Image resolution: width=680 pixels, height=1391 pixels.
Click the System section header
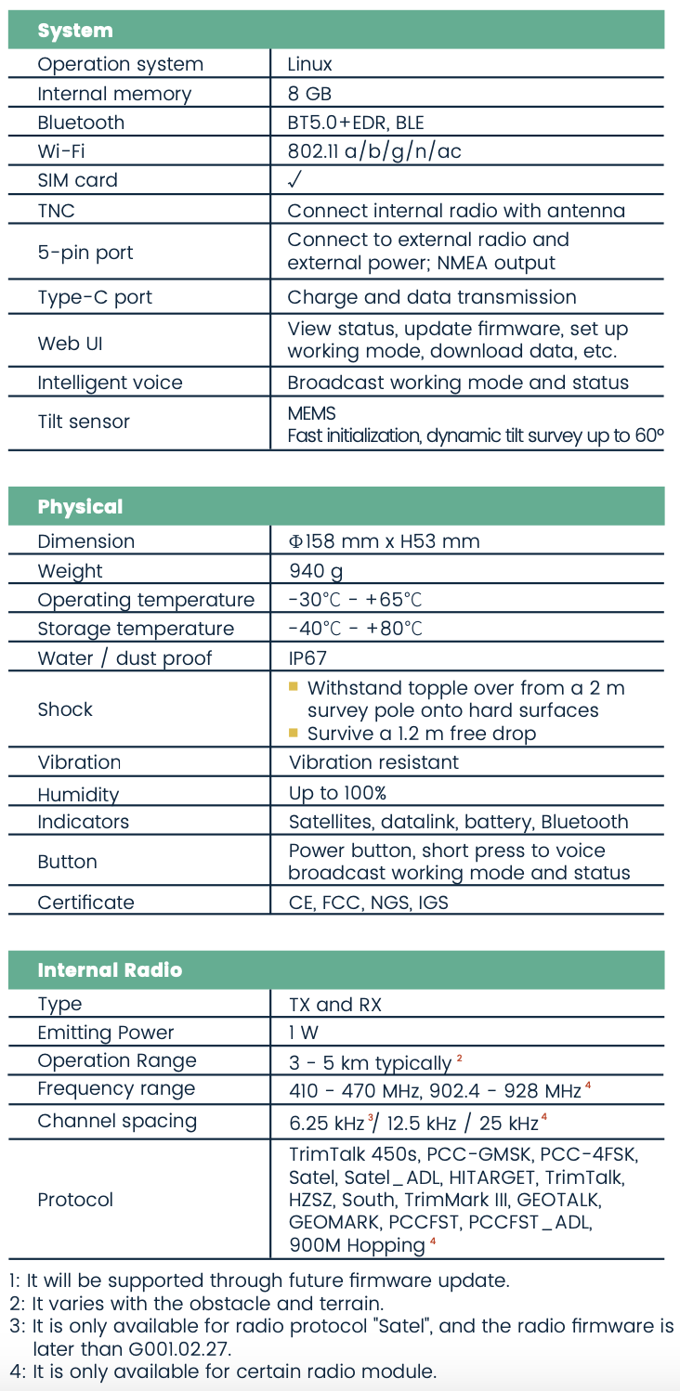coord(75,31)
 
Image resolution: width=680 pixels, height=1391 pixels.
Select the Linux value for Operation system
coord(309,64)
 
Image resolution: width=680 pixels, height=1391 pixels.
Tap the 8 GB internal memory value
coord(309,94)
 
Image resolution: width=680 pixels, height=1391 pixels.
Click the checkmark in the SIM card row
coord(295,180)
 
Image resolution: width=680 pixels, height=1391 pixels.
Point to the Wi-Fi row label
coord(61,151)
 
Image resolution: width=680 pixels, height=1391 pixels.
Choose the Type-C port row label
coord(95,297)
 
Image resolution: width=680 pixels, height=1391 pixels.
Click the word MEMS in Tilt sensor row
coord(311,413)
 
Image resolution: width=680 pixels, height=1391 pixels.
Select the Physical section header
coord(80,507)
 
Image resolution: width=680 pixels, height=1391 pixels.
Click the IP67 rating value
coord(307,658)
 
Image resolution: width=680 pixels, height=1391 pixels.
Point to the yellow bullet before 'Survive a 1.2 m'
coord(294,733)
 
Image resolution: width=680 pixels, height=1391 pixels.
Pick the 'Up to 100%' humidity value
coord(337,793)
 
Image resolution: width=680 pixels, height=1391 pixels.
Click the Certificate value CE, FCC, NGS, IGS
coord(369,903)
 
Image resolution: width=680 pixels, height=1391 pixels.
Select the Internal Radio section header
coord(110,970)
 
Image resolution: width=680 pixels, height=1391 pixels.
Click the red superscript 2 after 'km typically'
coord(459,1058)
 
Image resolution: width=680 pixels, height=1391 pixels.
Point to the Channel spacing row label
coord(117,1121)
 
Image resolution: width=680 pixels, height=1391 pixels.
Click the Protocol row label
coord(75,1200)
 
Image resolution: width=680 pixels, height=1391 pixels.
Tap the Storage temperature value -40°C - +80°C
coord(356,629)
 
